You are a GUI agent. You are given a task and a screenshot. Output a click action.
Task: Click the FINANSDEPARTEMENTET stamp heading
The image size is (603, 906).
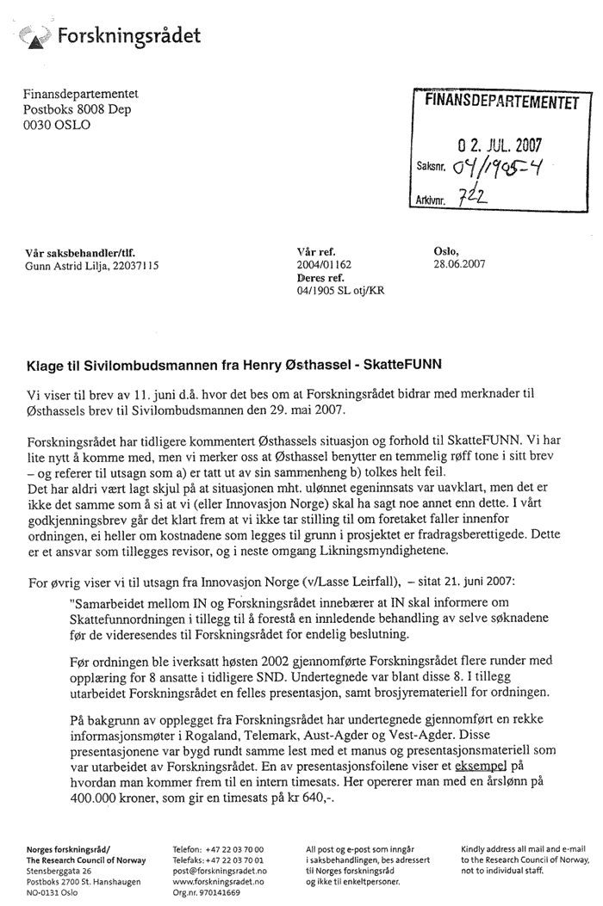click(x=499, y=103)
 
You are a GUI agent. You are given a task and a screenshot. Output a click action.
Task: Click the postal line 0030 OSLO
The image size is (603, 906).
click(x=56, y=125)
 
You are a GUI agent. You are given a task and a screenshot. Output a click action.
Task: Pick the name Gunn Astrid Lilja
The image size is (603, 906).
click(x=68, y=265)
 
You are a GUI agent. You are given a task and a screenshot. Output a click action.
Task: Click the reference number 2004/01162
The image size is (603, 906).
click(x=324, y=265)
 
